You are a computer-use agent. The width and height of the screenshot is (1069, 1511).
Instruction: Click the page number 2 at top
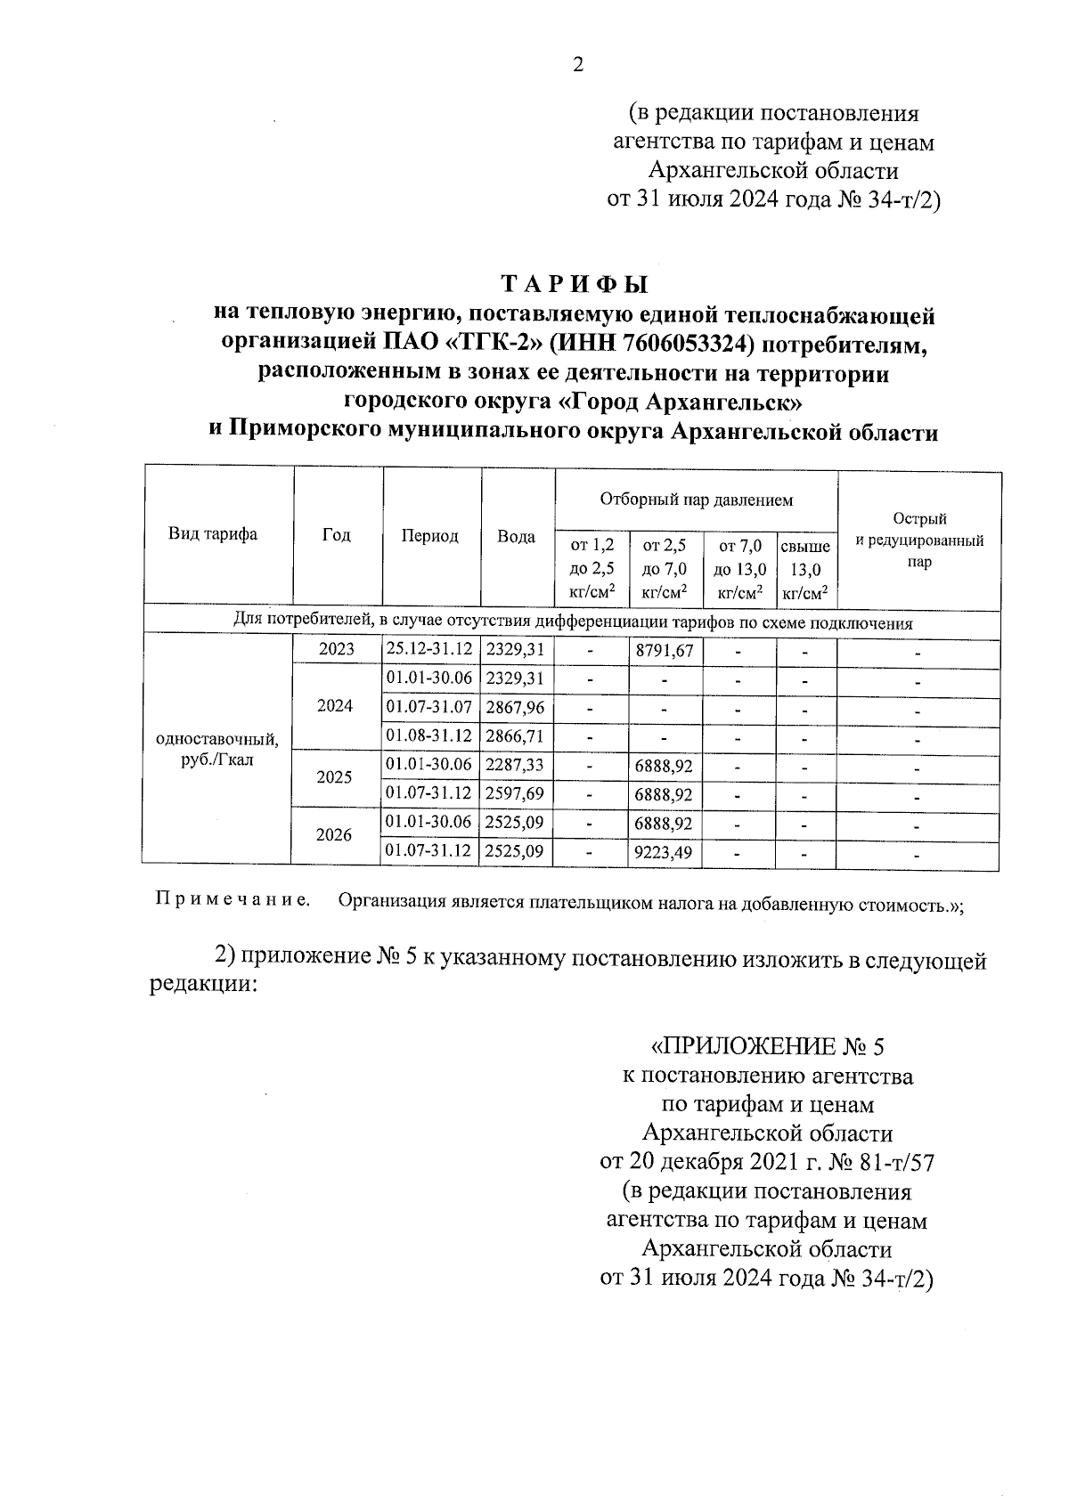pyautogui.click(x=577, y=65)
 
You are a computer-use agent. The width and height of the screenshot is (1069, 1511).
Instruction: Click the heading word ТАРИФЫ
pyautogui.click(x=575, y=285)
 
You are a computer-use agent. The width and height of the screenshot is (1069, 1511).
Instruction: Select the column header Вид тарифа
pyautogui.click(x=213, y=534)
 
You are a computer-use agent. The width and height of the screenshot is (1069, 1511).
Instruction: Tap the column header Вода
pyautogui.click(x=516, y=537)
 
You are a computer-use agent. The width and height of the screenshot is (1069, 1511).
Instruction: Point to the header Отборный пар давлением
pyautogui.click(x=696, y=500)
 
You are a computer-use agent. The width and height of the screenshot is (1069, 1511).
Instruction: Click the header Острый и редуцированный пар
pyautogui.click(x=918, y=540)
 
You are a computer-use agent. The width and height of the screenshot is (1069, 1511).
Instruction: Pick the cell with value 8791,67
pyautogui.click(x=664, y=651)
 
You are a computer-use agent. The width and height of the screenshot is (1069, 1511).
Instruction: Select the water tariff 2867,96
pyautogui.click(x=515, y=708)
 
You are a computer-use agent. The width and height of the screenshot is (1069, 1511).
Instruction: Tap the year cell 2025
pyautogui.click(x=334, y=777)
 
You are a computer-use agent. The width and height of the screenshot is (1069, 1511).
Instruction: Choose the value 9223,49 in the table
pyautogui.click(x=664, y=852)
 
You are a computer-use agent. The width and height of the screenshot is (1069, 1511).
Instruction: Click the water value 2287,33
pyautogui.click(x=515, y=765)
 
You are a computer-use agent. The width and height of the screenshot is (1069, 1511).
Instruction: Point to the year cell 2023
pyautogui.click(x=336, y=650)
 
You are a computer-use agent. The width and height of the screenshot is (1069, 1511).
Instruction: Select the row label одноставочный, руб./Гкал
pyautogui.click(x=216, y=750)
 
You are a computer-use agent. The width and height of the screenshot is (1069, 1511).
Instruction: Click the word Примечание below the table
pyautogui.click(x=233, y=899)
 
